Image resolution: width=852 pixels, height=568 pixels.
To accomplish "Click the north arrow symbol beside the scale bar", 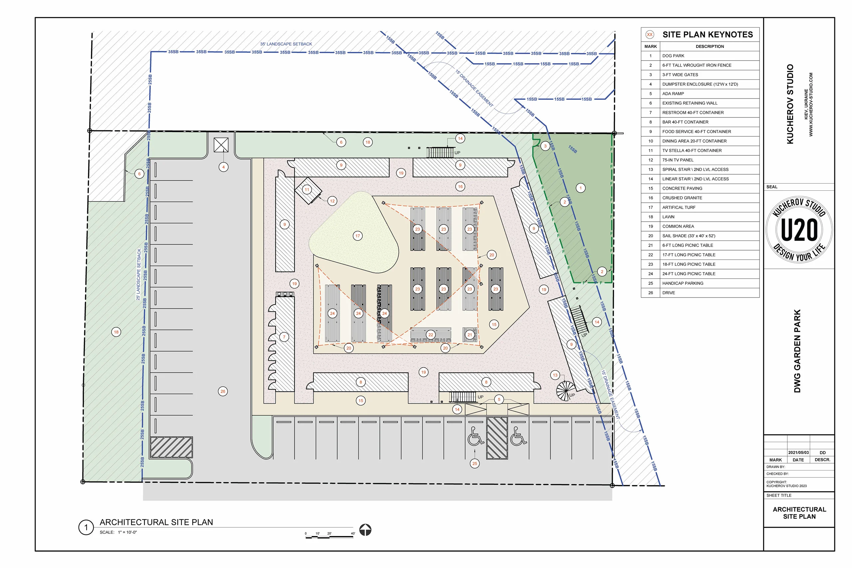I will click(365, 530).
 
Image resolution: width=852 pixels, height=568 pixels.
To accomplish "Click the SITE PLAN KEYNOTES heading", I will click(707, 35).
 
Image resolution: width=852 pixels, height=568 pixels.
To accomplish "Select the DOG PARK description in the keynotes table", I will click(673, 56).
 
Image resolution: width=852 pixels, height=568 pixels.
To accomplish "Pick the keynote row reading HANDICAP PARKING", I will click(683, 283).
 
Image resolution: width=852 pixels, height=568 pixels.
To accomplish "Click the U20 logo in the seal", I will click(799, 230).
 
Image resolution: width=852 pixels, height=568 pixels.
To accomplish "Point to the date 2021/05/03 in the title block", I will click(798, 453).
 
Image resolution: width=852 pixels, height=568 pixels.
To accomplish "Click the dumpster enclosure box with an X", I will click(221, 145).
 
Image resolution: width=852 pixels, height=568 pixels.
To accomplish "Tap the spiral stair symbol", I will click(565, 391).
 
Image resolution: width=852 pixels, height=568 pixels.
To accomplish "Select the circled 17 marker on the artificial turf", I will click(357, 236).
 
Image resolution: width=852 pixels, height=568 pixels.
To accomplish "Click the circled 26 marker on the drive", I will click(223, 391).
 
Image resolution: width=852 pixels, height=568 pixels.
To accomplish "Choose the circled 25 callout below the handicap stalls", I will click(475, 463).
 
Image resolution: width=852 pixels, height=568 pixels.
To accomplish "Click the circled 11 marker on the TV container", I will click(307, 189).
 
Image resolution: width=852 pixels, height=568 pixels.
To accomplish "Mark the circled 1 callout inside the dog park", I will click(580, 188).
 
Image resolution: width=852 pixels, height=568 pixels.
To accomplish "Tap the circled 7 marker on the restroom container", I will click(284, 337).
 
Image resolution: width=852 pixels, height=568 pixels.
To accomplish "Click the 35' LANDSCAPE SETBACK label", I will click(286, 44).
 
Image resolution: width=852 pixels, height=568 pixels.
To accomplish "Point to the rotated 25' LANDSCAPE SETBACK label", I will click(138, 274).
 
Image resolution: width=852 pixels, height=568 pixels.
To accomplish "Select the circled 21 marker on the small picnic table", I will click(470, 335).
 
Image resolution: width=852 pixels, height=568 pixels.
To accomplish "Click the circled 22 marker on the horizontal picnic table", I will click(431, 335).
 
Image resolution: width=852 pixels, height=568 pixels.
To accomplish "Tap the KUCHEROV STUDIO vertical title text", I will click(790, 104).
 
